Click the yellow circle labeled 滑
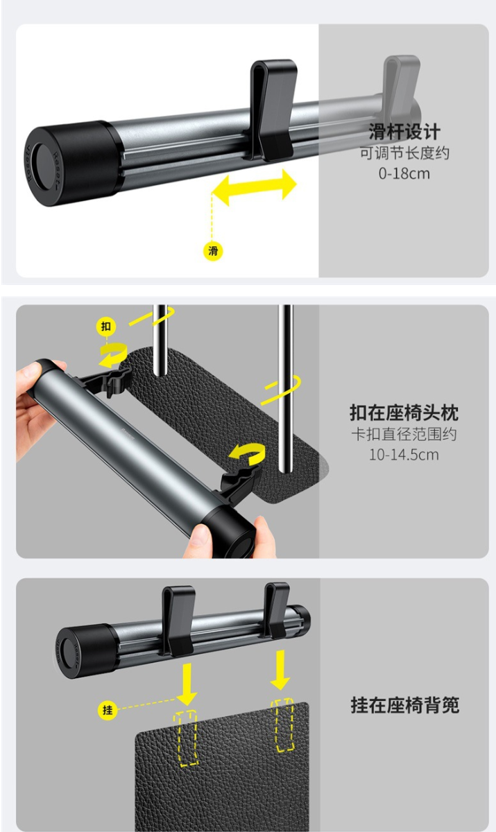(x=213, y=251)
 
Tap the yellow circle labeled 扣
(x=106, y=326)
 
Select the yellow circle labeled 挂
(x=108, y=710)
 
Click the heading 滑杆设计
(x=404, y=132)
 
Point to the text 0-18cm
(x=404, y=173)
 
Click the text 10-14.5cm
(x=404, y=455)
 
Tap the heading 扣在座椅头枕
(x=404, y=413)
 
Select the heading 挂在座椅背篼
(x=405, y=705)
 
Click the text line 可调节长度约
(x=404, y=153)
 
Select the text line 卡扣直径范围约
(x=404, y=434)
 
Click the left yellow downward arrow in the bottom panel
(x=187, y=684)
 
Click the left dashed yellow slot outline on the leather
(x=188, y=738)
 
